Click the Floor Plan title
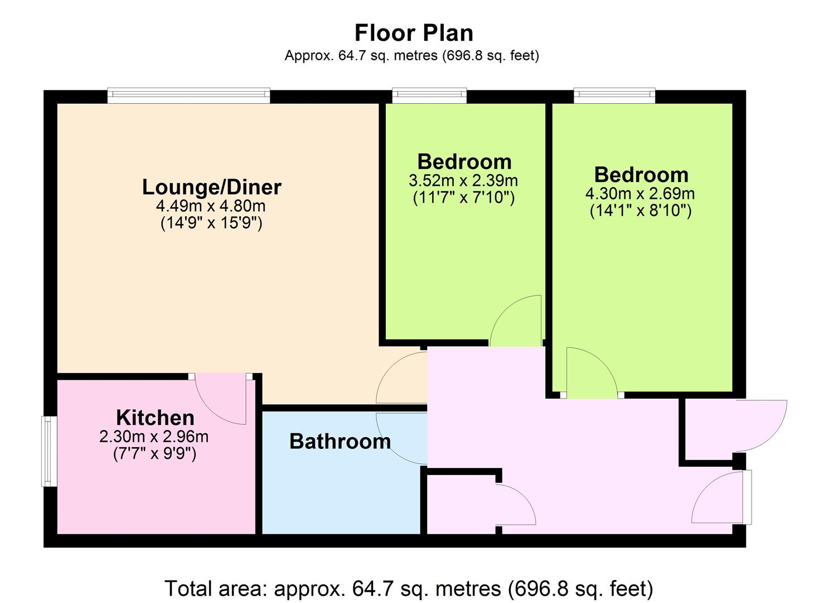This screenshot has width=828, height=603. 414,33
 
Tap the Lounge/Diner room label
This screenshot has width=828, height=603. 212,187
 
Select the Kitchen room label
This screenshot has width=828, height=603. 155,418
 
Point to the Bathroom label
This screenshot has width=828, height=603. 340,441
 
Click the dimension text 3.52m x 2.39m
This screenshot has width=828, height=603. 463,181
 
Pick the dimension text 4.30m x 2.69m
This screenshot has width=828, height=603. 640,194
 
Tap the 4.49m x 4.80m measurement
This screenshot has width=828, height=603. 211,206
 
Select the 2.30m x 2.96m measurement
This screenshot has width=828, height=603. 154,437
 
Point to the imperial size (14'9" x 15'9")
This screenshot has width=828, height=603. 211,223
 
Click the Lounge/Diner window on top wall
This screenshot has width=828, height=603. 189,95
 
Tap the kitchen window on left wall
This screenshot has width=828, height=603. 49,451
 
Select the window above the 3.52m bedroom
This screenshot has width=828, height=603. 429,95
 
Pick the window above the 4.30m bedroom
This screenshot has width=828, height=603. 614,95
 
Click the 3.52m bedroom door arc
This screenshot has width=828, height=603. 505,310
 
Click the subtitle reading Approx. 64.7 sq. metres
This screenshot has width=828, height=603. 412,55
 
